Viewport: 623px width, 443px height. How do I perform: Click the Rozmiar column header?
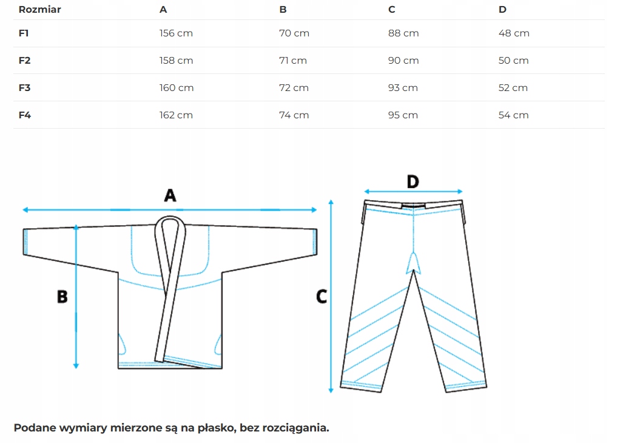pos(40,10)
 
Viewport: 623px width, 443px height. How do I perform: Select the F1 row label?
pos(24,33)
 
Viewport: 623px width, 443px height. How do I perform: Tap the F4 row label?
pos(25,115)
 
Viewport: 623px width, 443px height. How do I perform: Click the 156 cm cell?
pos(176,33)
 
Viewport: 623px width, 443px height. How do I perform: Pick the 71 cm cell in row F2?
pos(293,61)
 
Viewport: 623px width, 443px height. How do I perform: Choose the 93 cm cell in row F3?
pos(403,88)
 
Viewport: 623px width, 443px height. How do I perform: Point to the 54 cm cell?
pos(513,115)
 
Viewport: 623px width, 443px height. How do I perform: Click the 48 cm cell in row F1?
pos(514,33)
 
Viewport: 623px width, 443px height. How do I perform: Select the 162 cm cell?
pos(176,115)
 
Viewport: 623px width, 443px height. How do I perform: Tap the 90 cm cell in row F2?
pos(403,61)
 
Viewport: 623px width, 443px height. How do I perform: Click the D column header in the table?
pos(502,10)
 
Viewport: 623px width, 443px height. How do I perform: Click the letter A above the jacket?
pos(170,195)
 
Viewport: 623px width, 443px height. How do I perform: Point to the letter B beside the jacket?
pos(62,297)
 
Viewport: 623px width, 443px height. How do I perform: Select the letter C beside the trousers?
pos(322,297)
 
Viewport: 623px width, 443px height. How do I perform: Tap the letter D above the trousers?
pos(413,181)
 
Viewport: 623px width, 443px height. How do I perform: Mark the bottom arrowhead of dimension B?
pos(76,365)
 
